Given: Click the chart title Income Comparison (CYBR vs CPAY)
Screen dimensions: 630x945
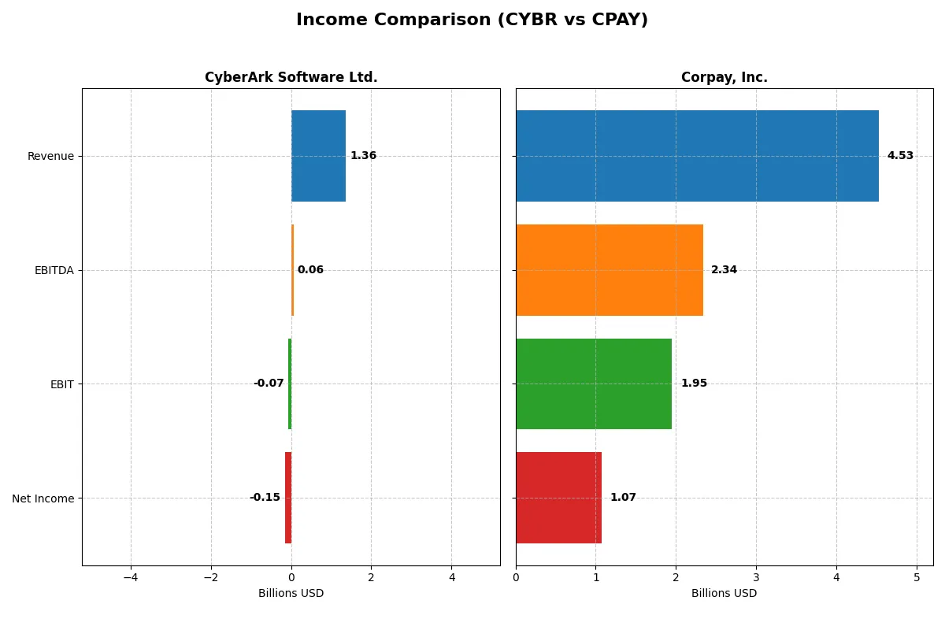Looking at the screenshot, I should [472, 20].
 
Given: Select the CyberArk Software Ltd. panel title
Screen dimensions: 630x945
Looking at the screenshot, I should [291, 77].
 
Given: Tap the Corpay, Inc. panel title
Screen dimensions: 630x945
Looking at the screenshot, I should [724, 77].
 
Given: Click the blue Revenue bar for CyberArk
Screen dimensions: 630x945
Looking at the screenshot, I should [318, 156].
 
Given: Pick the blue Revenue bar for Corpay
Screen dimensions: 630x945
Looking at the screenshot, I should [697, 156].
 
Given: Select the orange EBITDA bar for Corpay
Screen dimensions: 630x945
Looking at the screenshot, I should [609, 270].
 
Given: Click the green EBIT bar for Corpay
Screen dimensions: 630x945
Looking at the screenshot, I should [594, 384].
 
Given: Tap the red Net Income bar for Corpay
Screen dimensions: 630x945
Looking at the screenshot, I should [558, 498].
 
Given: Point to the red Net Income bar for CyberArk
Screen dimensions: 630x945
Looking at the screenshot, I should [288, 498].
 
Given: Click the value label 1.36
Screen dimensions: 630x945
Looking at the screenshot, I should [363, 156].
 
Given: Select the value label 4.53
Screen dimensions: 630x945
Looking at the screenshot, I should [900, 156].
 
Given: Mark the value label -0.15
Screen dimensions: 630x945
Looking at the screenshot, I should [265, 498].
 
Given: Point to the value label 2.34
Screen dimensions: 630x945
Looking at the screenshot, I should [724, 270].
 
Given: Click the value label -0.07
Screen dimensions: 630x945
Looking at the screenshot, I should [269, 384].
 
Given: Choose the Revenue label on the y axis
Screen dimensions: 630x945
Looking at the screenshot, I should [50, 156].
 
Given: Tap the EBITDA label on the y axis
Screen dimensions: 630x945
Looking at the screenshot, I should [54, 270].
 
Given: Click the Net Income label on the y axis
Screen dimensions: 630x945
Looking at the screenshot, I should [43, 498].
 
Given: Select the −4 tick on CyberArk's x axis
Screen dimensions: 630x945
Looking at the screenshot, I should [131, 577].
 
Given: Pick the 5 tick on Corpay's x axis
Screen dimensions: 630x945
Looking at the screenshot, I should [917, 577].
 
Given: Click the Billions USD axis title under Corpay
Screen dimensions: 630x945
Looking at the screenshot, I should [724, 593].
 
